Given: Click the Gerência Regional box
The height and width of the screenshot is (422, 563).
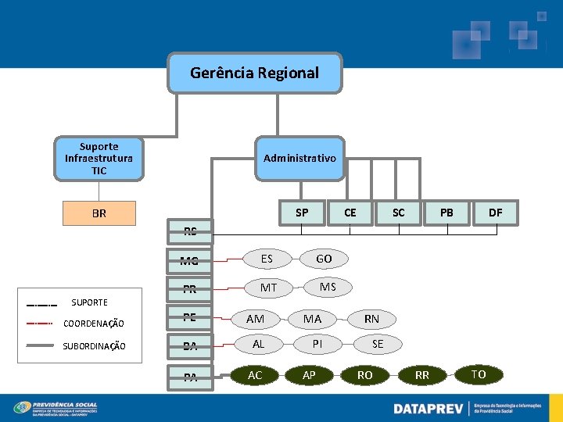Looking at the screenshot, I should (255, 73).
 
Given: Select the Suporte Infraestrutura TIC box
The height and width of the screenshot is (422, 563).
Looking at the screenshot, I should (99, 158).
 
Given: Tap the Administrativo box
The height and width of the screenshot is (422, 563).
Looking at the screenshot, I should (299, 158).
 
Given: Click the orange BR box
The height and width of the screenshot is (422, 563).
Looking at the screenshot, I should (99, 213).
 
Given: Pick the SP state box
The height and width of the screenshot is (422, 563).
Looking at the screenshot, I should (302, 213).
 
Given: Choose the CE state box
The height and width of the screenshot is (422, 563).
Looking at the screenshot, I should (350, 213).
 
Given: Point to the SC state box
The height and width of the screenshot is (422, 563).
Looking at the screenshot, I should (398, 213).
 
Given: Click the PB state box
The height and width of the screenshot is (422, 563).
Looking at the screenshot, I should (446, 213).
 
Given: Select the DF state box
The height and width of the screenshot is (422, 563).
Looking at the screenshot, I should (495, 213).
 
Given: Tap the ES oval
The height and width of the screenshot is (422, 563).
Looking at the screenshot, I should (267, 258).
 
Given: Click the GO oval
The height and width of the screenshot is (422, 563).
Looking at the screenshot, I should (324, 259).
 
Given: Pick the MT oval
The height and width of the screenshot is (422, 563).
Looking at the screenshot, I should (268, 288).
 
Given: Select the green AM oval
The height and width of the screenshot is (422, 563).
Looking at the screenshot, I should (256, 319).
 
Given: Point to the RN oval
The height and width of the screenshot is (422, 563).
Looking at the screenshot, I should (371, 319).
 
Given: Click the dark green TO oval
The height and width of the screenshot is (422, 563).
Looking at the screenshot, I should (479, 375).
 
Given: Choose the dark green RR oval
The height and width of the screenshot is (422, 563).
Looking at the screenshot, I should (422, 375).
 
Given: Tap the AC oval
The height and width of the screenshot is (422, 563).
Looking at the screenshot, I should (255, 375).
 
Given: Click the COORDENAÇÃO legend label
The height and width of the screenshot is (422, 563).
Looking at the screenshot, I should (94, 324).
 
